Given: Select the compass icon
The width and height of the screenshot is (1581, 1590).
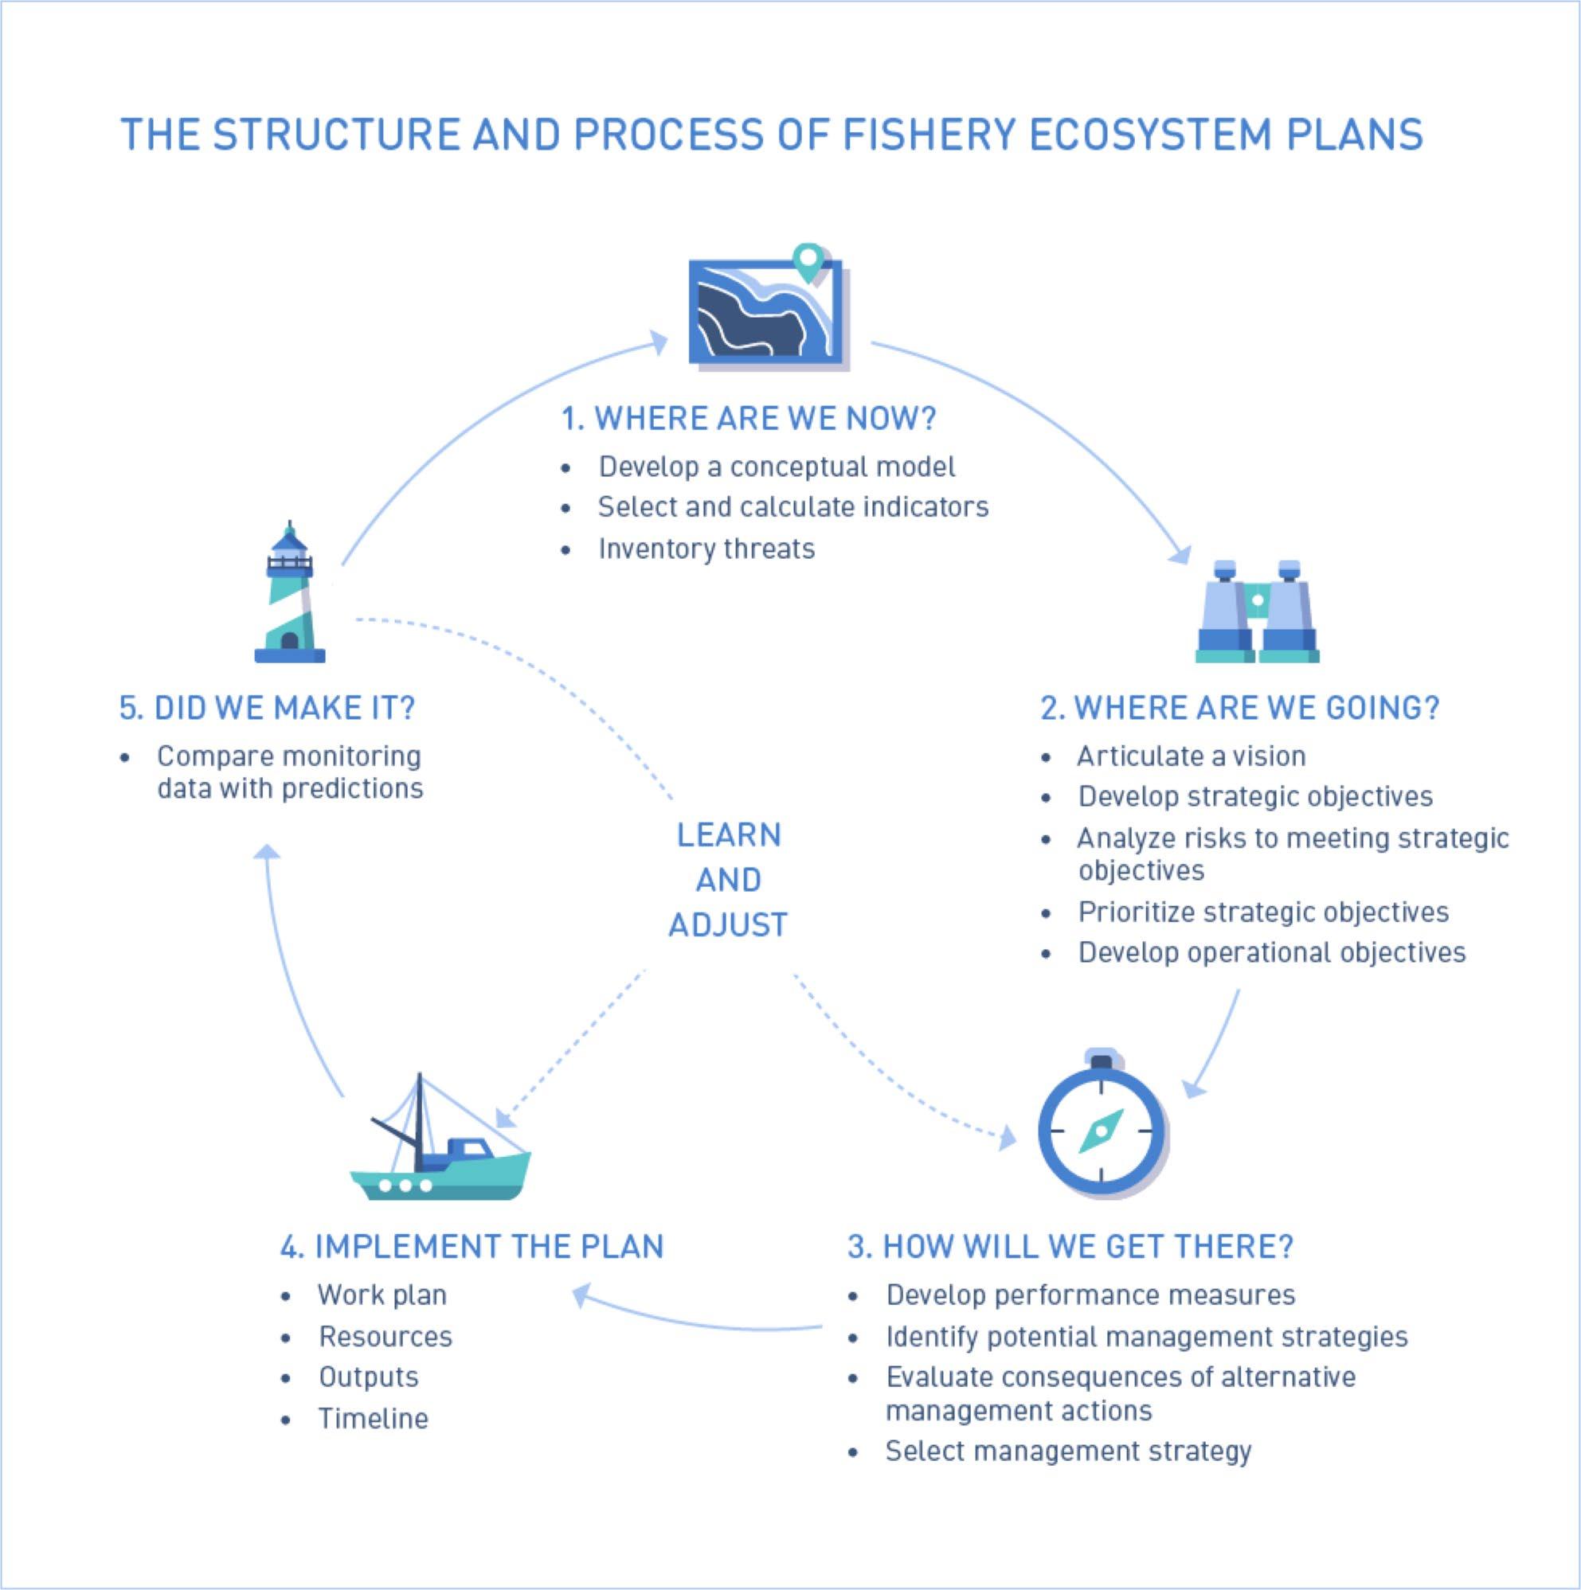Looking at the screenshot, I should [x=1101, y=1128].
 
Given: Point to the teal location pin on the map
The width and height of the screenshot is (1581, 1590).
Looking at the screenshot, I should [x=808, y=261].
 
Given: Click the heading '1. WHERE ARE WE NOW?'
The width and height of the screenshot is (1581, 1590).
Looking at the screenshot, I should [x=749, y=419].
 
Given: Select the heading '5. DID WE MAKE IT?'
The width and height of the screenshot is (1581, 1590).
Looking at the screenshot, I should [x=267, y=709].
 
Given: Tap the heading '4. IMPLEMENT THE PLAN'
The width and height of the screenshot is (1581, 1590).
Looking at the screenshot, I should [x=472, y=1247].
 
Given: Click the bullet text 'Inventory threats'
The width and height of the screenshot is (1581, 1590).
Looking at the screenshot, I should [x=706, y=549].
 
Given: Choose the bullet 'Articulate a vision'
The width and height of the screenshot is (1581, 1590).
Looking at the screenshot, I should [x=1191, y=756].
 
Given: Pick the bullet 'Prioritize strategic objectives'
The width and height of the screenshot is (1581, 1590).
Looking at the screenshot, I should [x=1263, y=912].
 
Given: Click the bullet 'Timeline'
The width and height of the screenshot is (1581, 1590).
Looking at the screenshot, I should [x=373, y=1419].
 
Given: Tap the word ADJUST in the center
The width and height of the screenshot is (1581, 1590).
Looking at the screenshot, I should [x=728, y=925].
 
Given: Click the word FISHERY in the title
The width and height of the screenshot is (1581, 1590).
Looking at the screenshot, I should [x=929, y=135].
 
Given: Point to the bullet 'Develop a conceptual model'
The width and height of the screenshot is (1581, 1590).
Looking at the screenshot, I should [x=777, y=467].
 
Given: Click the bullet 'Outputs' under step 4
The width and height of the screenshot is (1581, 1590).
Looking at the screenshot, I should [x=368, y=1377].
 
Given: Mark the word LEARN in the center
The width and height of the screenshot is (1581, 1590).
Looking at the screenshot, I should [x=729, y=835].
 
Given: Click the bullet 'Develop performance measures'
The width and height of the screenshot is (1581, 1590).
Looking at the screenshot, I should [x=1090, y=1295].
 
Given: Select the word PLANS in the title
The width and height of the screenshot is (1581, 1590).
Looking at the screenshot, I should [x=1354, y=135].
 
